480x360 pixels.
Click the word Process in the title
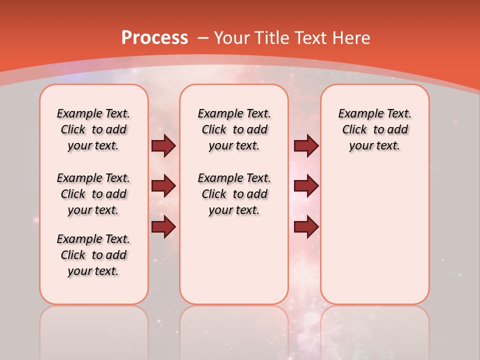point(154,38)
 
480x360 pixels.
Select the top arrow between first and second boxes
point(163,146)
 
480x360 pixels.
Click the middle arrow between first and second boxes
point(163,186)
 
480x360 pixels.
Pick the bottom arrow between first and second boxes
point(163,226)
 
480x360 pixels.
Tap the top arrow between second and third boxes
point(306,146)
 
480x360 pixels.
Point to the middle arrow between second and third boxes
point(306,186)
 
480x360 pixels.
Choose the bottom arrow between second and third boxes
point(306,226)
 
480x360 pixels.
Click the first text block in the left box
point(93,129)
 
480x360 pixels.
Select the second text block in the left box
point(93,194)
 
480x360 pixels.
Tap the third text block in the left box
point(93,255)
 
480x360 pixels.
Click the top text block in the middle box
point(234,129)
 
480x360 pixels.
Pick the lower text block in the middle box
point(234,194)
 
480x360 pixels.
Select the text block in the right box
point(374,129)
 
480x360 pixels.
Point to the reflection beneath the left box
point(94,330)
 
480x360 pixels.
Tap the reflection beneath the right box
point(374,330)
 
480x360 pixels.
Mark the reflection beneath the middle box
point(234,330)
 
